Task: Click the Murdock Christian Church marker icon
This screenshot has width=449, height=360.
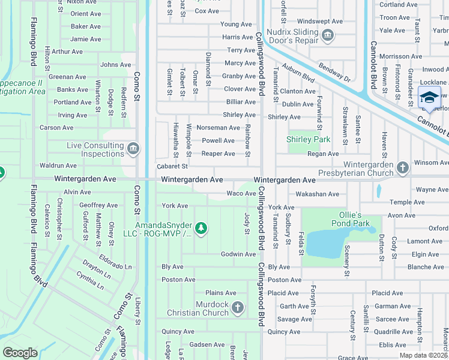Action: click(x=238, y=308)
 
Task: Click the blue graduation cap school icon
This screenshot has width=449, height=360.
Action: click(x=429, y=97)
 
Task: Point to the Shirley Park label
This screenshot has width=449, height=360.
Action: click(x=308, y=139)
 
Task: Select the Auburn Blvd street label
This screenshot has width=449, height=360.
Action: click(x=298, y=74)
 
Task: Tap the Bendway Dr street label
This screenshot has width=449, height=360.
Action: click(x=334, y=73)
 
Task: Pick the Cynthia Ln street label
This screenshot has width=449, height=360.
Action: click(x=90, y=280)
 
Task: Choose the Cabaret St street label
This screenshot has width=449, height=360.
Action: click(x=172, y=166)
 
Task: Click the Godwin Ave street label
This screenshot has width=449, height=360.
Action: click(x=238, y=254)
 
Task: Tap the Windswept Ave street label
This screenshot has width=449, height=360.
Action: click(x=319, y=21)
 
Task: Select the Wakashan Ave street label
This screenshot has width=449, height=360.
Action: click(x=317, y=194)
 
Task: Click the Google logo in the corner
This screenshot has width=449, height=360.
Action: click(x=20, y=353)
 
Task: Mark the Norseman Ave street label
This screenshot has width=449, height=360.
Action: click(x=218, y=127)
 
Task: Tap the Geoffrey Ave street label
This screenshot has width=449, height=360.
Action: click(x=98, y=205)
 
